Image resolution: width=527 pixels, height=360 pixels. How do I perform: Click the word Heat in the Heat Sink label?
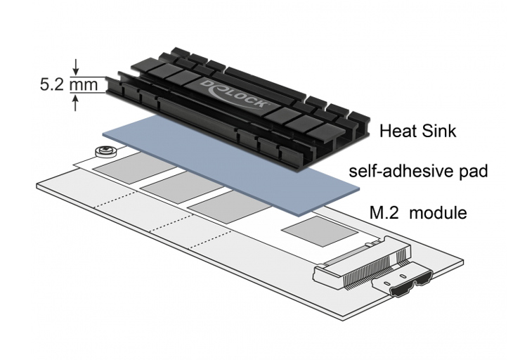[395, 130]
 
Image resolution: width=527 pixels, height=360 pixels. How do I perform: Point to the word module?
[438, 212]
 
